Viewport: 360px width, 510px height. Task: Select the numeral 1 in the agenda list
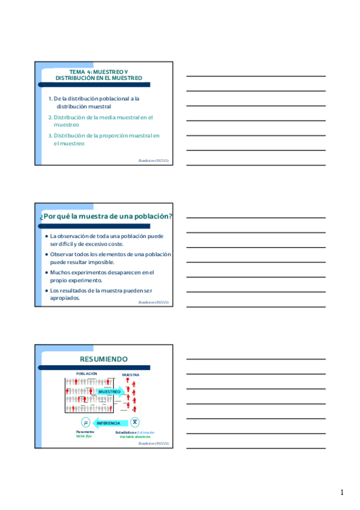50,98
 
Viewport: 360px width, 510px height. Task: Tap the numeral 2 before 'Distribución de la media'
50,117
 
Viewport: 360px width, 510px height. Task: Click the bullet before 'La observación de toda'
47,236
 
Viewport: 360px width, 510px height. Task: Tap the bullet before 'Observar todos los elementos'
47,254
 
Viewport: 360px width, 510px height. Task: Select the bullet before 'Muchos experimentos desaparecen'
47,272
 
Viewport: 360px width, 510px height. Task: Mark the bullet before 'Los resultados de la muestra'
47,290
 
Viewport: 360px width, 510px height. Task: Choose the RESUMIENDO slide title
104,359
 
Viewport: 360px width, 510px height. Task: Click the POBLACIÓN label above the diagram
87,373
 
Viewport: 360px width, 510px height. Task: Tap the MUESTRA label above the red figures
131,375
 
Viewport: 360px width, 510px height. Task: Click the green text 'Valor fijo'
85,436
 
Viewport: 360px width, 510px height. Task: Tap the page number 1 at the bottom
342,493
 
